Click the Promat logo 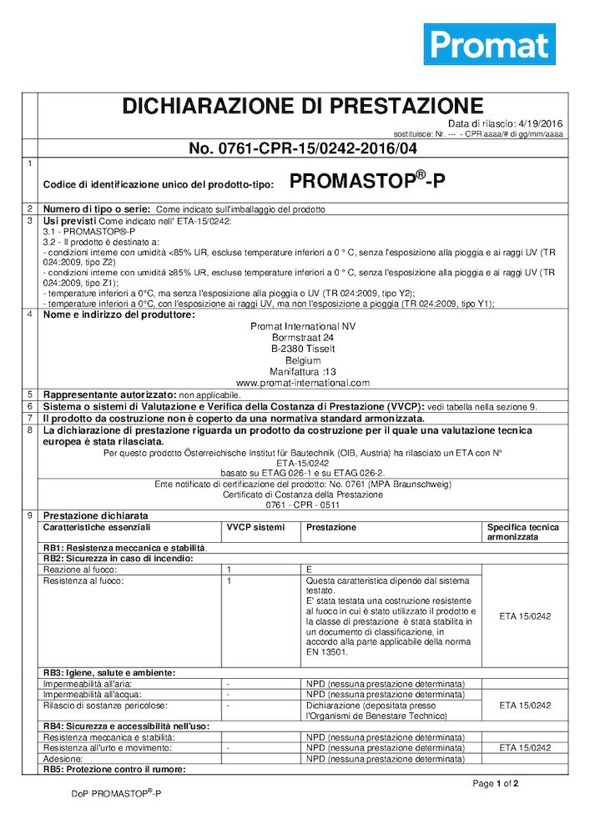(x=489, y=45)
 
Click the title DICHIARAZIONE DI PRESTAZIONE (x=303, y=106)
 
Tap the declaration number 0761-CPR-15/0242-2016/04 (x=303, y=149)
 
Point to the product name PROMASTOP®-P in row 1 (x=367, y=181)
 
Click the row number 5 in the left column (x=30, y=394)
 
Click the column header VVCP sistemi (x=255, y=528)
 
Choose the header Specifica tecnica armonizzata (x=523, y=533)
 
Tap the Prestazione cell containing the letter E (x=310, y=568)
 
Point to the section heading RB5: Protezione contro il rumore (x=113, y=769)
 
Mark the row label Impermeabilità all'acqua (x=92, y=694)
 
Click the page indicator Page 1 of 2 (x=496, y=784)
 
